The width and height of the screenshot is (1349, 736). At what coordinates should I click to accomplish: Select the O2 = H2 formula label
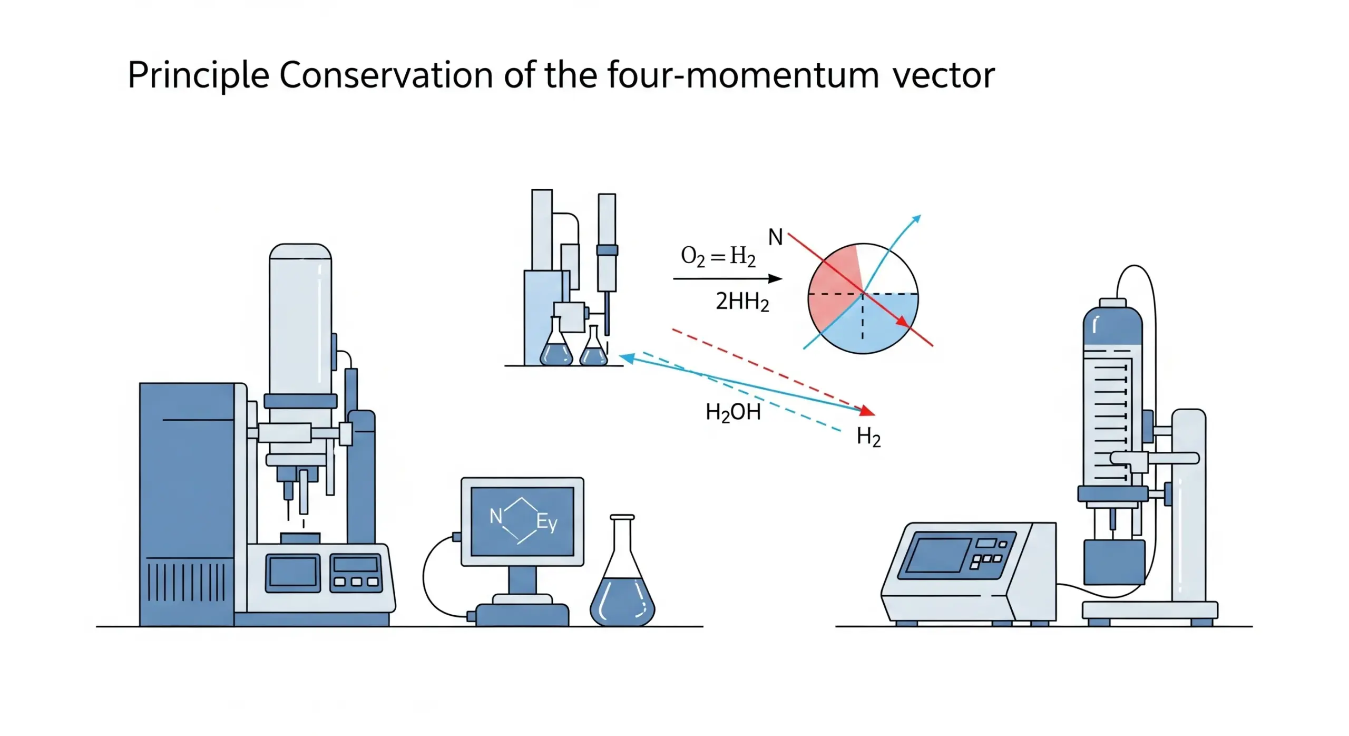click(718, 257)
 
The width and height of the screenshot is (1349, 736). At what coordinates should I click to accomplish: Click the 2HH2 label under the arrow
click(742, 302)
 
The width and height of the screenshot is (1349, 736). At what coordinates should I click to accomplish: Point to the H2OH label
click(733, 412)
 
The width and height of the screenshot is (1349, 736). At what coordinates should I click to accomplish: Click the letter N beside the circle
click(775, 238)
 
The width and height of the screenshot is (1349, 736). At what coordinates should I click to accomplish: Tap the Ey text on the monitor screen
click(546, 522)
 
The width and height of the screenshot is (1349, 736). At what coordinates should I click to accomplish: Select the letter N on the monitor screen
click(495, 516)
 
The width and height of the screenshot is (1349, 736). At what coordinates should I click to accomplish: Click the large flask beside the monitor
click(622, 585)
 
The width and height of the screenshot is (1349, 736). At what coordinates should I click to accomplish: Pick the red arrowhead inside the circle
click(903, 322)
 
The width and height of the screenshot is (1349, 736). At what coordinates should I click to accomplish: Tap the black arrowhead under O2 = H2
click(775, 279)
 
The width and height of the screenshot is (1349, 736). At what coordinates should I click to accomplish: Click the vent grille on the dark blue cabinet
click(185, 582)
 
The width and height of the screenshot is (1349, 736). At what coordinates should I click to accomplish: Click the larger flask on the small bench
click(556, 345)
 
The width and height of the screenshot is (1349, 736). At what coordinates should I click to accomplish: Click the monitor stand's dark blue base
click(522, 615)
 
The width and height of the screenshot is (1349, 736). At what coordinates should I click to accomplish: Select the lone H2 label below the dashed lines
click(868, 438)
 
